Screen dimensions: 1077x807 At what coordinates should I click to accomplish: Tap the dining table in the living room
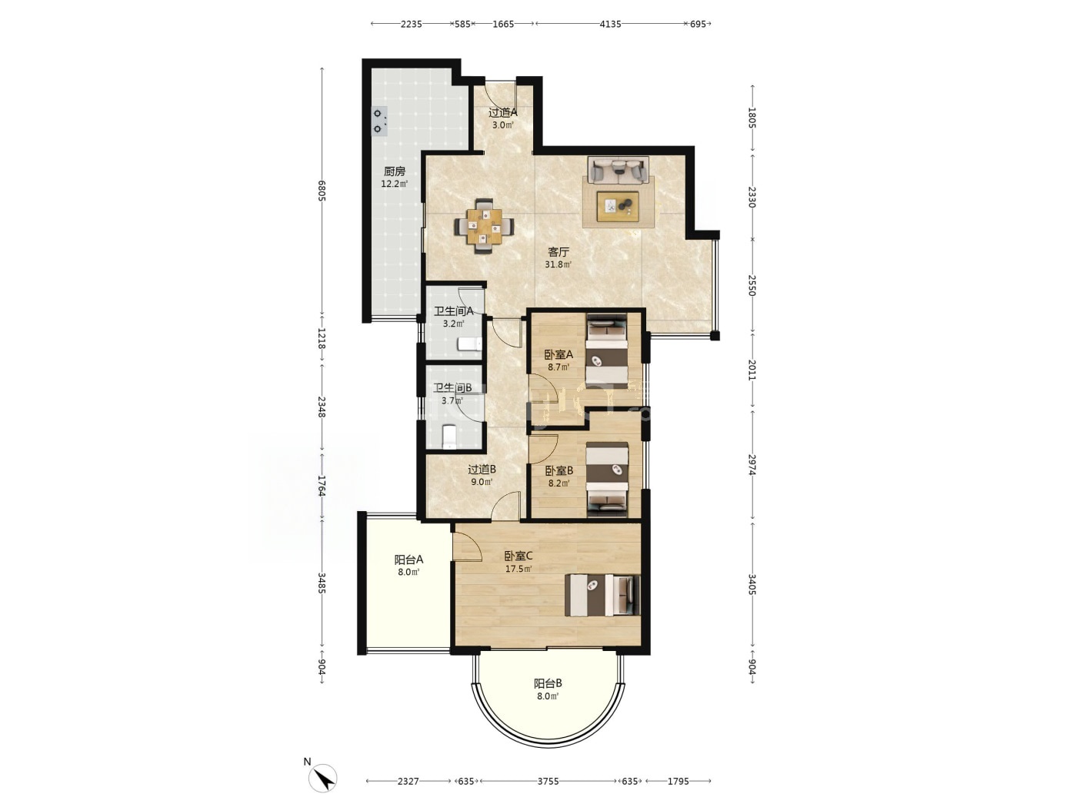coord(485,226)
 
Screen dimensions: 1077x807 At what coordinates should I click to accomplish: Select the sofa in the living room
coord(619,170)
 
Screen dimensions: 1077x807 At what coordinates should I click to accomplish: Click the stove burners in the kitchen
coord(378,121)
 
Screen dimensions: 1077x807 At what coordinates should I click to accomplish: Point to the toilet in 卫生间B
coord(449,437)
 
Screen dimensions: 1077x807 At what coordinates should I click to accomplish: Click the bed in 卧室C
coord(602,595)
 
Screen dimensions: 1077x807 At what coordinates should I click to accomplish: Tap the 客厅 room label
coord(559,252)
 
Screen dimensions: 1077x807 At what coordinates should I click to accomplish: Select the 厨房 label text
coord(395,171)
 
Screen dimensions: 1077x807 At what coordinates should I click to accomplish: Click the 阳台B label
coord(548,683)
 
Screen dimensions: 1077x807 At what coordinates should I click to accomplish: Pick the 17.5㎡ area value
coord(518,569)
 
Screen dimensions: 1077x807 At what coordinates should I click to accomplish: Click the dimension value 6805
coord(322,191)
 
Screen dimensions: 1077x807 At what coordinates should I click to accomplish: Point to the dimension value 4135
coord(610,24)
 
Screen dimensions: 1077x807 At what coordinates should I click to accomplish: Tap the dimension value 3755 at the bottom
coord(548,781)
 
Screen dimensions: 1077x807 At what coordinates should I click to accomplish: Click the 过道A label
coord(503,112)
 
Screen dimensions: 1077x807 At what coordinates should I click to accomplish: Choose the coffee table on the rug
coord(618,206)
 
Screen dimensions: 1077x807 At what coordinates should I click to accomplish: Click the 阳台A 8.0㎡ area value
coord(408,572)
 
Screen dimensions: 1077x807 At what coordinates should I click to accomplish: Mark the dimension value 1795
coord(678,781)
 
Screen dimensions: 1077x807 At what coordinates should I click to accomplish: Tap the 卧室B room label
coord(559,471)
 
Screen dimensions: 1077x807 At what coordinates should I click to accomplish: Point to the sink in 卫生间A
coord(469,344)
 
